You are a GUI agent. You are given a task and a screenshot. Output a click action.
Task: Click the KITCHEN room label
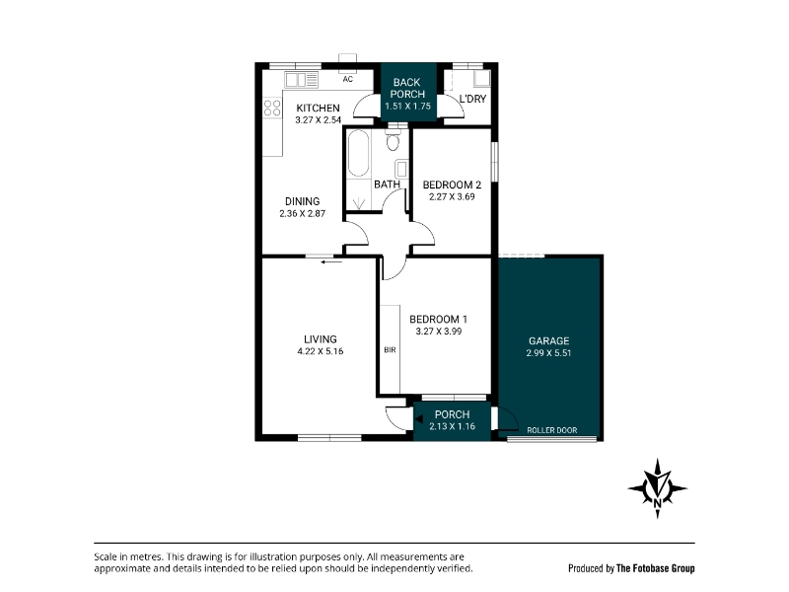point(318,109)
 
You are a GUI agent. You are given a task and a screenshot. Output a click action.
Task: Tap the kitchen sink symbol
point(302,80)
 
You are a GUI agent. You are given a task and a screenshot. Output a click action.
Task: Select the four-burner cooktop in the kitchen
point(272,109)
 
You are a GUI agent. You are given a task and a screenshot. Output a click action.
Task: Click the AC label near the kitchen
point(348,79)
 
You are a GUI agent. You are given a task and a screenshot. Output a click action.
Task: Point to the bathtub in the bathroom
point(358,154)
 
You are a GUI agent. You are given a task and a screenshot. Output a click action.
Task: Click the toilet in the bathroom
point(393,139)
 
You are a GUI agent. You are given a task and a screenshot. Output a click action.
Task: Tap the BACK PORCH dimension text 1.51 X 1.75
point(407,107)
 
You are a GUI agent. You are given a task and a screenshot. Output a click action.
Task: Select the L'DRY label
point(472,100)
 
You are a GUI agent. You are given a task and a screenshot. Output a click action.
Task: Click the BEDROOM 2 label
point(452,185)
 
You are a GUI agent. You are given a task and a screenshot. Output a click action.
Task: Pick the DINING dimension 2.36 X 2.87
point(303,213)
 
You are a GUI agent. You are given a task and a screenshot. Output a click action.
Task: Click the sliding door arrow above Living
point(331,261)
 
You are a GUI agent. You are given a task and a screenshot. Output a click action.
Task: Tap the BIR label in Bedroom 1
point(390,350)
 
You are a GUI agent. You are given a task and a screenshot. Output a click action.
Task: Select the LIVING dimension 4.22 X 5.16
point(320,351)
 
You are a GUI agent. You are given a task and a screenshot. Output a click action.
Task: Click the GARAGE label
point(548,340)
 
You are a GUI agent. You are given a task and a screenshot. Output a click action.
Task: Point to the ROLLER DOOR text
point(552,430)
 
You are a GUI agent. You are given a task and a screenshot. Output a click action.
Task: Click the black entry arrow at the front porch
point(418,418)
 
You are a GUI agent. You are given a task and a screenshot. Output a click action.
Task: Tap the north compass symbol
point(657,488)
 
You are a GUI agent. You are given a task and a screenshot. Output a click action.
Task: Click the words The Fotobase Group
point(655,568)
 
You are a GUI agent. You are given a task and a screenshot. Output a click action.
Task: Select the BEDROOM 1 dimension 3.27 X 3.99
point(439,332)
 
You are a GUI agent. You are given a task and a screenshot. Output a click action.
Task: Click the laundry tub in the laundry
point(481,78)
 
